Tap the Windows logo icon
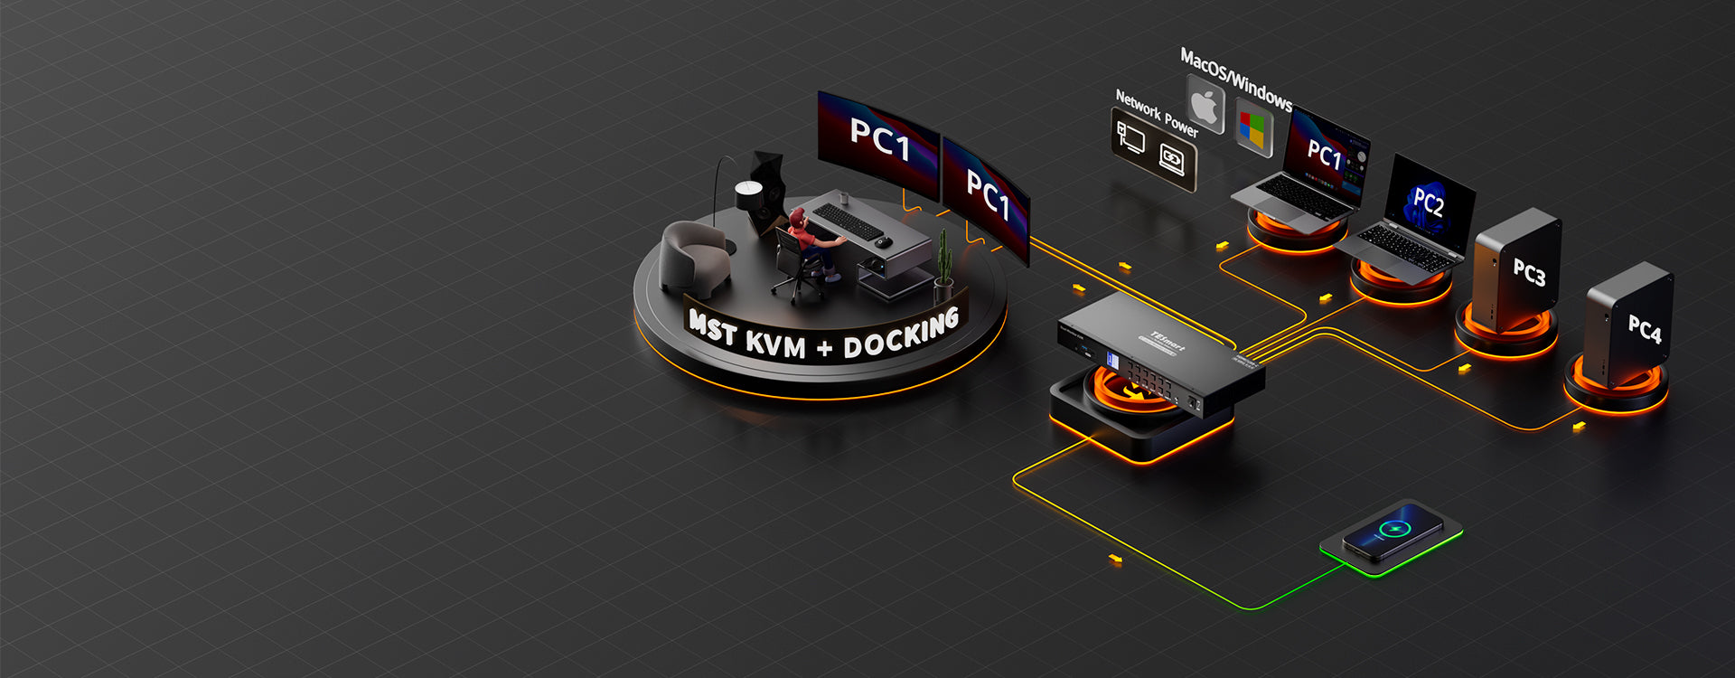point(1252,127)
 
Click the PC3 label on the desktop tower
point(1529,272)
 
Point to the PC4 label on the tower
point(1644,329)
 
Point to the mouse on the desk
point(883,242)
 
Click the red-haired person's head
point(797,219)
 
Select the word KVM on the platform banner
point(774,343)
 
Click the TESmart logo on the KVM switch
point(1167,339)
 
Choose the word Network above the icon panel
point(1137,106)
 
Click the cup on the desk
point(843,197)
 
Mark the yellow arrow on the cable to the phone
point(1115,560)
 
